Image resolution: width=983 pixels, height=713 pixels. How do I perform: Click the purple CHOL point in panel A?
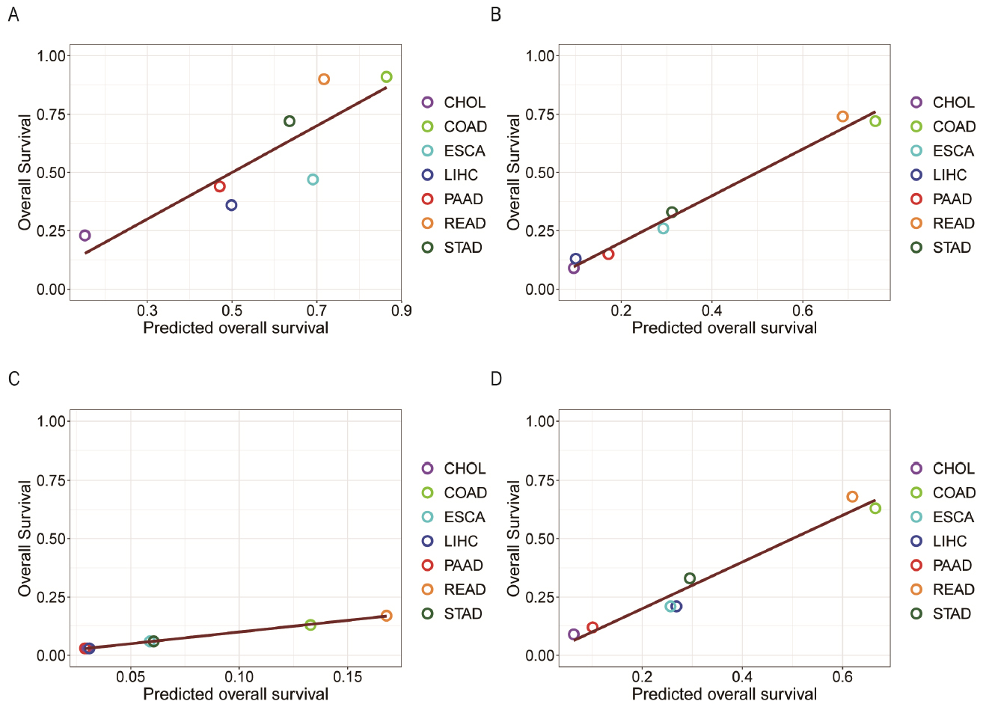click(85, 236)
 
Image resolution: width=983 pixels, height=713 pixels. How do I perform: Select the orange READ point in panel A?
click(324, 79)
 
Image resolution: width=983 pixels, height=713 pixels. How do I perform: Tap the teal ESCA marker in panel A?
click(313, 180)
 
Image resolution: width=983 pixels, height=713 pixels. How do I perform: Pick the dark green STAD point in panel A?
click(290, 121)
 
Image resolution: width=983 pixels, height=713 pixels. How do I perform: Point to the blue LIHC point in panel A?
click(231, 205)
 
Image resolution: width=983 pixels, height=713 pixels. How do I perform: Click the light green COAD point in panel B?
click(875, 121)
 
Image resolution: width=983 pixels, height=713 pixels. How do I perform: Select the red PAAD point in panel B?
click(608, 254)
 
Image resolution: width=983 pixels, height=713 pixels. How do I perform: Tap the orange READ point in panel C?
click(386, 616)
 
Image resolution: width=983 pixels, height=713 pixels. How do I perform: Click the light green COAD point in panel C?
click(310, 625)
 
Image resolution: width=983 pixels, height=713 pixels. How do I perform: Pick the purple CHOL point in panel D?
click(574, 634)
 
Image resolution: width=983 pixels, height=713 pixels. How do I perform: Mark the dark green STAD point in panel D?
click(690, 578)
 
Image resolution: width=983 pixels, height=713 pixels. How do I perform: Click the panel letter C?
click(13, 379)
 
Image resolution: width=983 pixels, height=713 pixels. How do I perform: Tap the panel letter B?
click(495, 14)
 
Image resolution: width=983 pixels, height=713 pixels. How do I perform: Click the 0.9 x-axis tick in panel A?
click(402, 310)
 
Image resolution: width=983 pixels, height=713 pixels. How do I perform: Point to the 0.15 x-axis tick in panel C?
click(348, 677)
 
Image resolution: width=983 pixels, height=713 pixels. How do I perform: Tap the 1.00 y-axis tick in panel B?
click(540, 55)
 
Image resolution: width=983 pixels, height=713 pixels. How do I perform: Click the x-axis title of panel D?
click(724, 694)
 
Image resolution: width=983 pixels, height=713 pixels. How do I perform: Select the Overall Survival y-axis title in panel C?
click(25, 538)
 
